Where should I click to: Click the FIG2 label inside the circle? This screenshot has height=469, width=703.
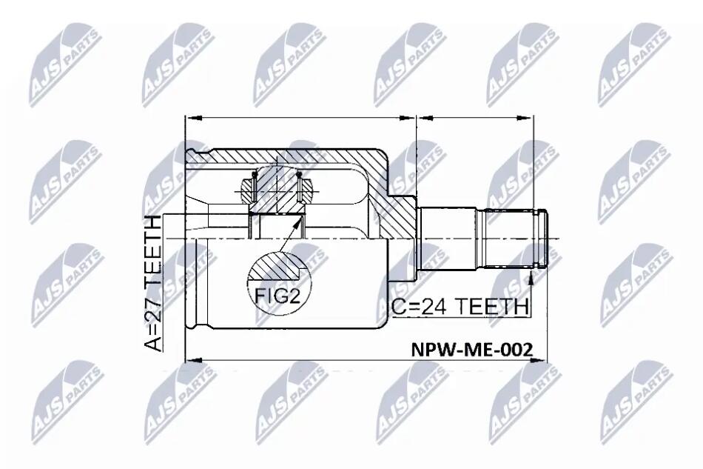277,296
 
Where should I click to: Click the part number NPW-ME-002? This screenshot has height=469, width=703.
472,349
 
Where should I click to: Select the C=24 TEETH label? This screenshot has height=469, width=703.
460,307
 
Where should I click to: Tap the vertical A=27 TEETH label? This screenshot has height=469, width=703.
152,283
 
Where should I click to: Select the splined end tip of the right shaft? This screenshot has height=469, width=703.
543,239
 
